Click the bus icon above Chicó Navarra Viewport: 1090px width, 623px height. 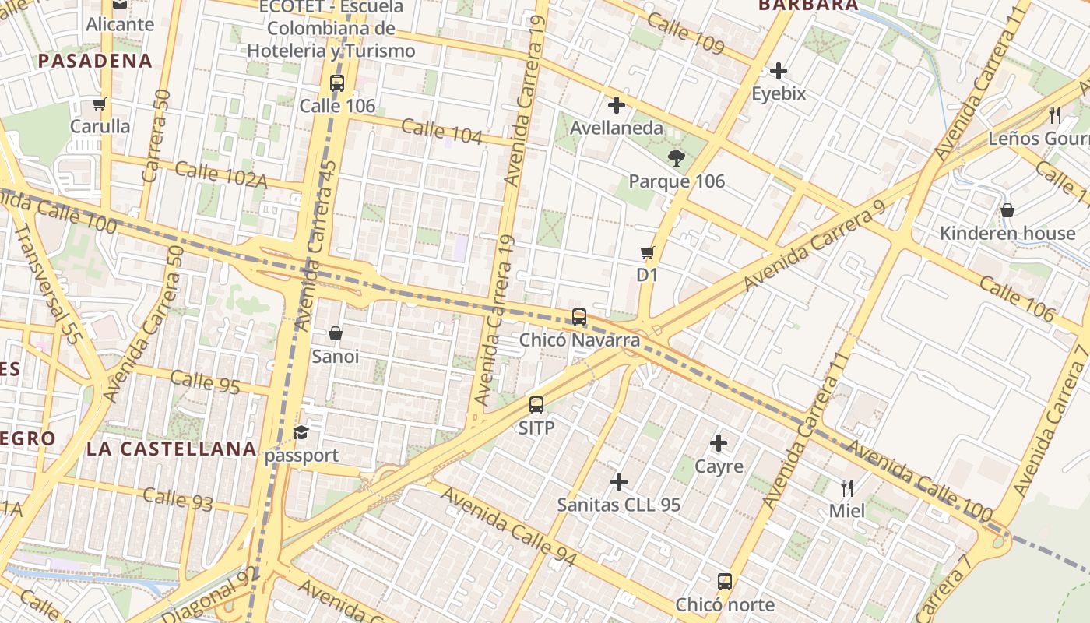point(579,317)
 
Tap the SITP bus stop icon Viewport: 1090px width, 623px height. point(536,405)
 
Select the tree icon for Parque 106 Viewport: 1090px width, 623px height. point(677,158)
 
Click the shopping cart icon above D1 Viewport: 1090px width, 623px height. point(647,252)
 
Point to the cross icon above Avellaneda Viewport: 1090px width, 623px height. point(617,105)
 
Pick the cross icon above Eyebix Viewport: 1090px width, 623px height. point(779,72)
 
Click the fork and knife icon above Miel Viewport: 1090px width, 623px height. point(847,488)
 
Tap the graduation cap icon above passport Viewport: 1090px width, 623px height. point(301,433)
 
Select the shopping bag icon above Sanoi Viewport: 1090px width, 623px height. point(336,333)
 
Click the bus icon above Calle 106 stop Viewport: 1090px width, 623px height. point(337,83)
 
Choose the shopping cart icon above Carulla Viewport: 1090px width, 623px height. point(99,104)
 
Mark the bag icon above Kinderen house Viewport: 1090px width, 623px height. point(1007,210)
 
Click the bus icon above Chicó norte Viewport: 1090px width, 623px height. point(725,582)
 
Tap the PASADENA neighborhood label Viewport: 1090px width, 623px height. point(95,61)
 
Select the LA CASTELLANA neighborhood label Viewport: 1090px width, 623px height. point(171,449)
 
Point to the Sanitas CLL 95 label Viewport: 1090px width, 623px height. point(619,505)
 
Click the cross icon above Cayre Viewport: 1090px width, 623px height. point(719,444)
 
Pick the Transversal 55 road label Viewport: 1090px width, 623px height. point(48,284)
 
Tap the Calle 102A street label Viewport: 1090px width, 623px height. point(221,174)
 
